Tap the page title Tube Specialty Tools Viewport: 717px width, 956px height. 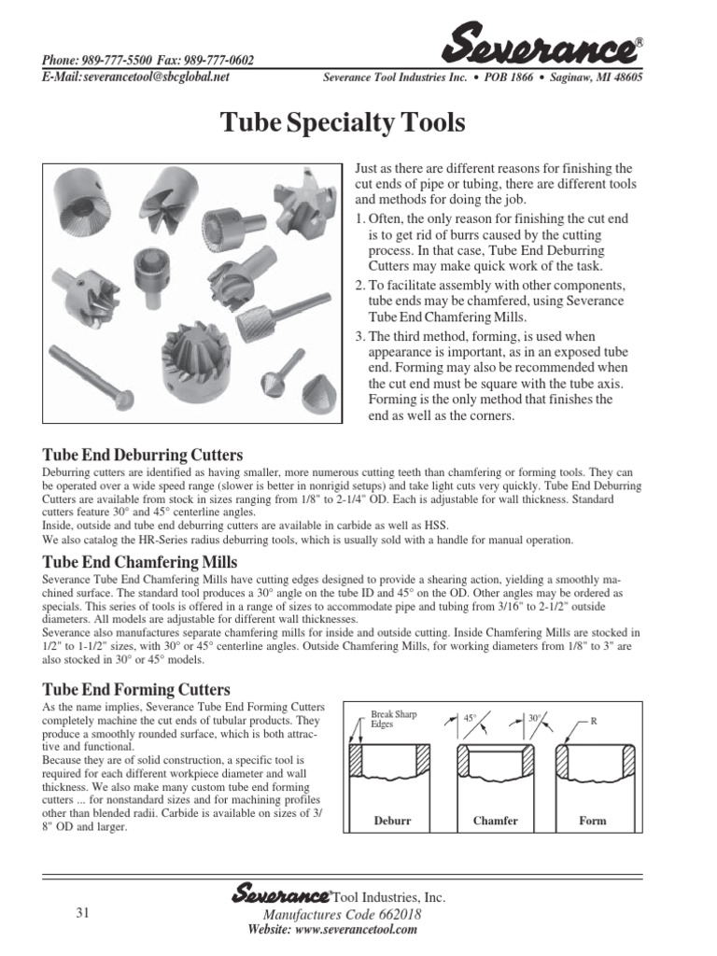pyautogui.click(x=342, y=122)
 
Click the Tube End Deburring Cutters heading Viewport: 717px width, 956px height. pyautogui.click(x=143, y=455)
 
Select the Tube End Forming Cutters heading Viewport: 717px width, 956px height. pyautogui.click(x=136, y=690)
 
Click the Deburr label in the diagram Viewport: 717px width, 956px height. pyautogui.click(x=392, y=821)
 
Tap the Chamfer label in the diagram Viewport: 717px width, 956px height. pyautogui.click(x=495, y=821)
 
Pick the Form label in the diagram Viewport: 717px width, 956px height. pyautogui.click(x=592, y=821)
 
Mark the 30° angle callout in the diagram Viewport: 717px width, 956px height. pyautogui.click(x=535, y=719)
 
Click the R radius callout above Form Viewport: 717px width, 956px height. pyautogui.click(x=593, y=722)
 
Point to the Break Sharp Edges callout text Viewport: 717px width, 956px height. pyautogui.click(x=393, y=719)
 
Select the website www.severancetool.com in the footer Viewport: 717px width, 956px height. pyautogui.click(x=331, y=930)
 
